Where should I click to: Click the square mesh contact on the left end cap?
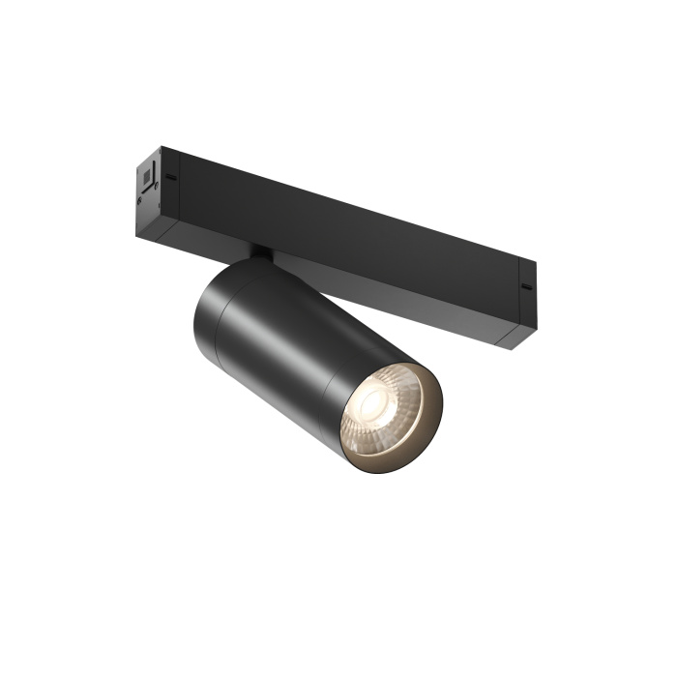tap(147, 177)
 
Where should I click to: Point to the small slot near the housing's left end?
tap(171, 177)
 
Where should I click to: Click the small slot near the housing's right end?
tap(525, 287)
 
